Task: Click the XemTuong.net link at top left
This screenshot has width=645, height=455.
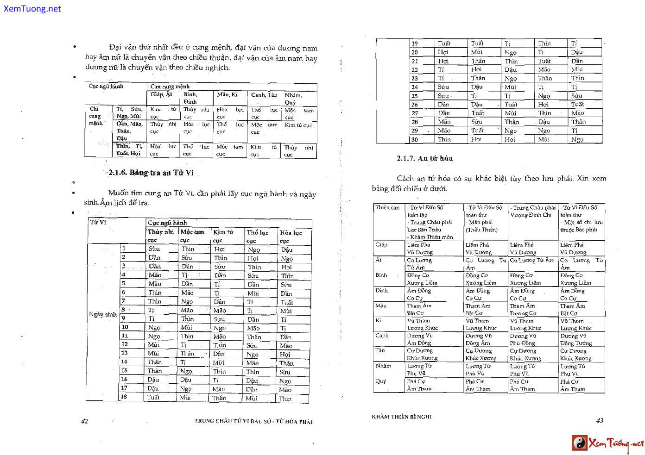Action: click(x=32, y=8)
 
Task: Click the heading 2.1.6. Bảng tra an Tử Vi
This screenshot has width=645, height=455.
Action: click(x=151, y=173)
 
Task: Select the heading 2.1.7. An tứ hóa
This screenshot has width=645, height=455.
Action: click(x=424, y=158)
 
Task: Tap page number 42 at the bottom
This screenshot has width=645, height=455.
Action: click(x=84, y=421)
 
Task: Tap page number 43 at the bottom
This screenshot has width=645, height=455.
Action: click(x=600, y=421)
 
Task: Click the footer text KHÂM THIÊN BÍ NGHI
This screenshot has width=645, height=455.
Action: click(x=401, y=417)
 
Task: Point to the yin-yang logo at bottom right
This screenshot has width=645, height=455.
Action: click(x=579, y=443)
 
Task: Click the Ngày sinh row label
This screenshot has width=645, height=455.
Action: click(x=102, y=314)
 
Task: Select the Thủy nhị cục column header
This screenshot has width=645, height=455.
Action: click(x=160, y=236)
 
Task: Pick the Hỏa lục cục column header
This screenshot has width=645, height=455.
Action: click(x=291, y=236)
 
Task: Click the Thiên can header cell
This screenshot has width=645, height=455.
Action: click(x=387, y=208)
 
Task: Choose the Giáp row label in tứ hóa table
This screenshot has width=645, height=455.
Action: click(x=381, y=244)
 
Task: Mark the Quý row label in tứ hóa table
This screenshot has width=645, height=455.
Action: click(x=381, y=381)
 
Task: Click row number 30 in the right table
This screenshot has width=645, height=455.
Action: click(x=414, y=139)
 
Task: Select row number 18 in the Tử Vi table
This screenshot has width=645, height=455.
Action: click(x=124, y=397)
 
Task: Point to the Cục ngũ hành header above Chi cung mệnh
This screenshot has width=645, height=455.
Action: click(x=106, y=86)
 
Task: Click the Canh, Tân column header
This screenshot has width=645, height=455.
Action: click(x=264, y=95)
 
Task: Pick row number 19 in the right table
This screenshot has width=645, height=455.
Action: click(x=414, y=44)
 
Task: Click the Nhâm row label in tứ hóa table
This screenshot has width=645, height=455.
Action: click(x=383, y=366)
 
